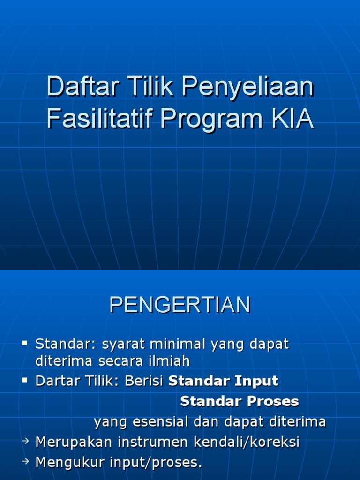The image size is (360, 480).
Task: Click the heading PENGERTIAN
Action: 180,305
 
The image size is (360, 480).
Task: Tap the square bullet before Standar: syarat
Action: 25,344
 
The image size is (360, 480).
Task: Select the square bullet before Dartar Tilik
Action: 25,380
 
